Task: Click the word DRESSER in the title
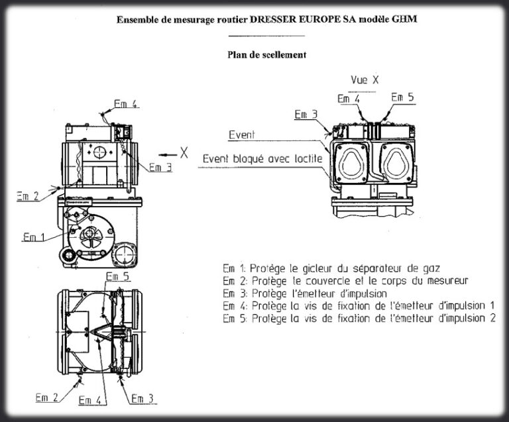tap(274, 20)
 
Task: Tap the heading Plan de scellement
tap(266, 55)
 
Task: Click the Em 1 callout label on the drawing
tap(34, 237)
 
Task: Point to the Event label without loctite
tap(242, 134)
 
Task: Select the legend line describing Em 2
tap(345, 281)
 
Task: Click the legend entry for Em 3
tap(306, 293)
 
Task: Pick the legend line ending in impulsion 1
tap(359, 305)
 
